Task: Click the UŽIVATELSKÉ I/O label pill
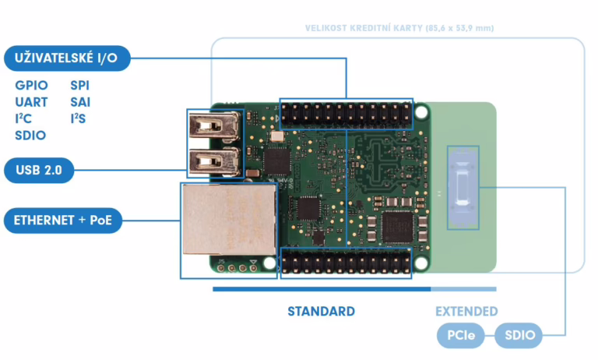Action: [x=66, y=58]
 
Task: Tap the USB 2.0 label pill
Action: [x=39, y=169]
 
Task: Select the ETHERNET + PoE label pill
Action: [x=62, y=221]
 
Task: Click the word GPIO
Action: [x=31, y=85]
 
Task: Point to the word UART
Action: [x=31, y=102]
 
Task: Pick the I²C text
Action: [x=23, y=118]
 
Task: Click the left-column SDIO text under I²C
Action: [x=30, y=136]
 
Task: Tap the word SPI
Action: [x=80, y=85]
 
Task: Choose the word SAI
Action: [x=80, y=102]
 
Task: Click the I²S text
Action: [x=78, y=118]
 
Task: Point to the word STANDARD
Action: [x=321, y=311]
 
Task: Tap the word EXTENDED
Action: [x=466, y=311]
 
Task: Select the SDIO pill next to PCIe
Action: [x=519, y=336]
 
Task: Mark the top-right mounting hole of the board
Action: [x=421, y=111]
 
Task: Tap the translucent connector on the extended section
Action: [x=463, y=187]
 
